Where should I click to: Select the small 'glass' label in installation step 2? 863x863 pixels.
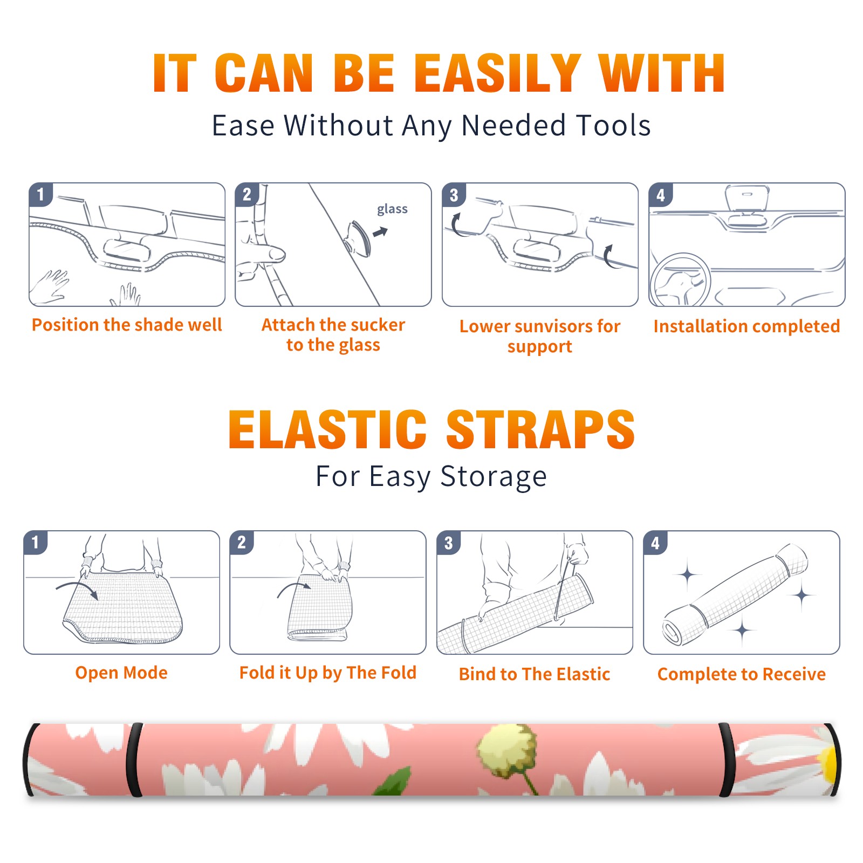click(x=392, y=209)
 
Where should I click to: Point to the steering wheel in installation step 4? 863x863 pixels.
click(x=680, y=280)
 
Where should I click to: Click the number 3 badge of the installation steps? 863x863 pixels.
click(x=454, y=195)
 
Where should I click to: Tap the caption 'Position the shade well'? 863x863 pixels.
click(x=127, y=325)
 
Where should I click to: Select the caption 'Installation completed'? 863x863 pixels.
click(x=746, y=326)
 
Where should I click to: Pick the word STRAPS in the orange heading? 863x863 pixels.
click(x=540, y=429)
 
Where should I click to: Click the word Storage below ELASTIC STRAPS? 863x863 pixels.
click(x=494, y=477)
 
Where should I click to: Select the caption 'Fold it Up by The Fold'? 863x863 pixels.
click(x=328, y=673)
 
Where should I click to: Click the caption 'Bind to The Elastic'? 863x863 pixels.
click(x=535, y=674)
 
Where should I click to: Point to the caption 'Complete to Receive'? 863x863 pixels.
click(x=742, y=674)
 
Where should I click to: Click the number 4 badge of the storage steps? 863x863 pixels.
click(x=655, y=543)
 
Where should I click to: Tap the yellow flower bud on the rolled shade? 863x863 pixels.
click(x=506, y=750)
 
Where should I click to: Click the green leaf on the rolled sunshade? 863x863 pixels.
click(x=393, y=783)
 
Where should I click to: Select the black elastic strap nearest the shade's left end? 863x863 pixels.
click(x=134, y=760)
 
